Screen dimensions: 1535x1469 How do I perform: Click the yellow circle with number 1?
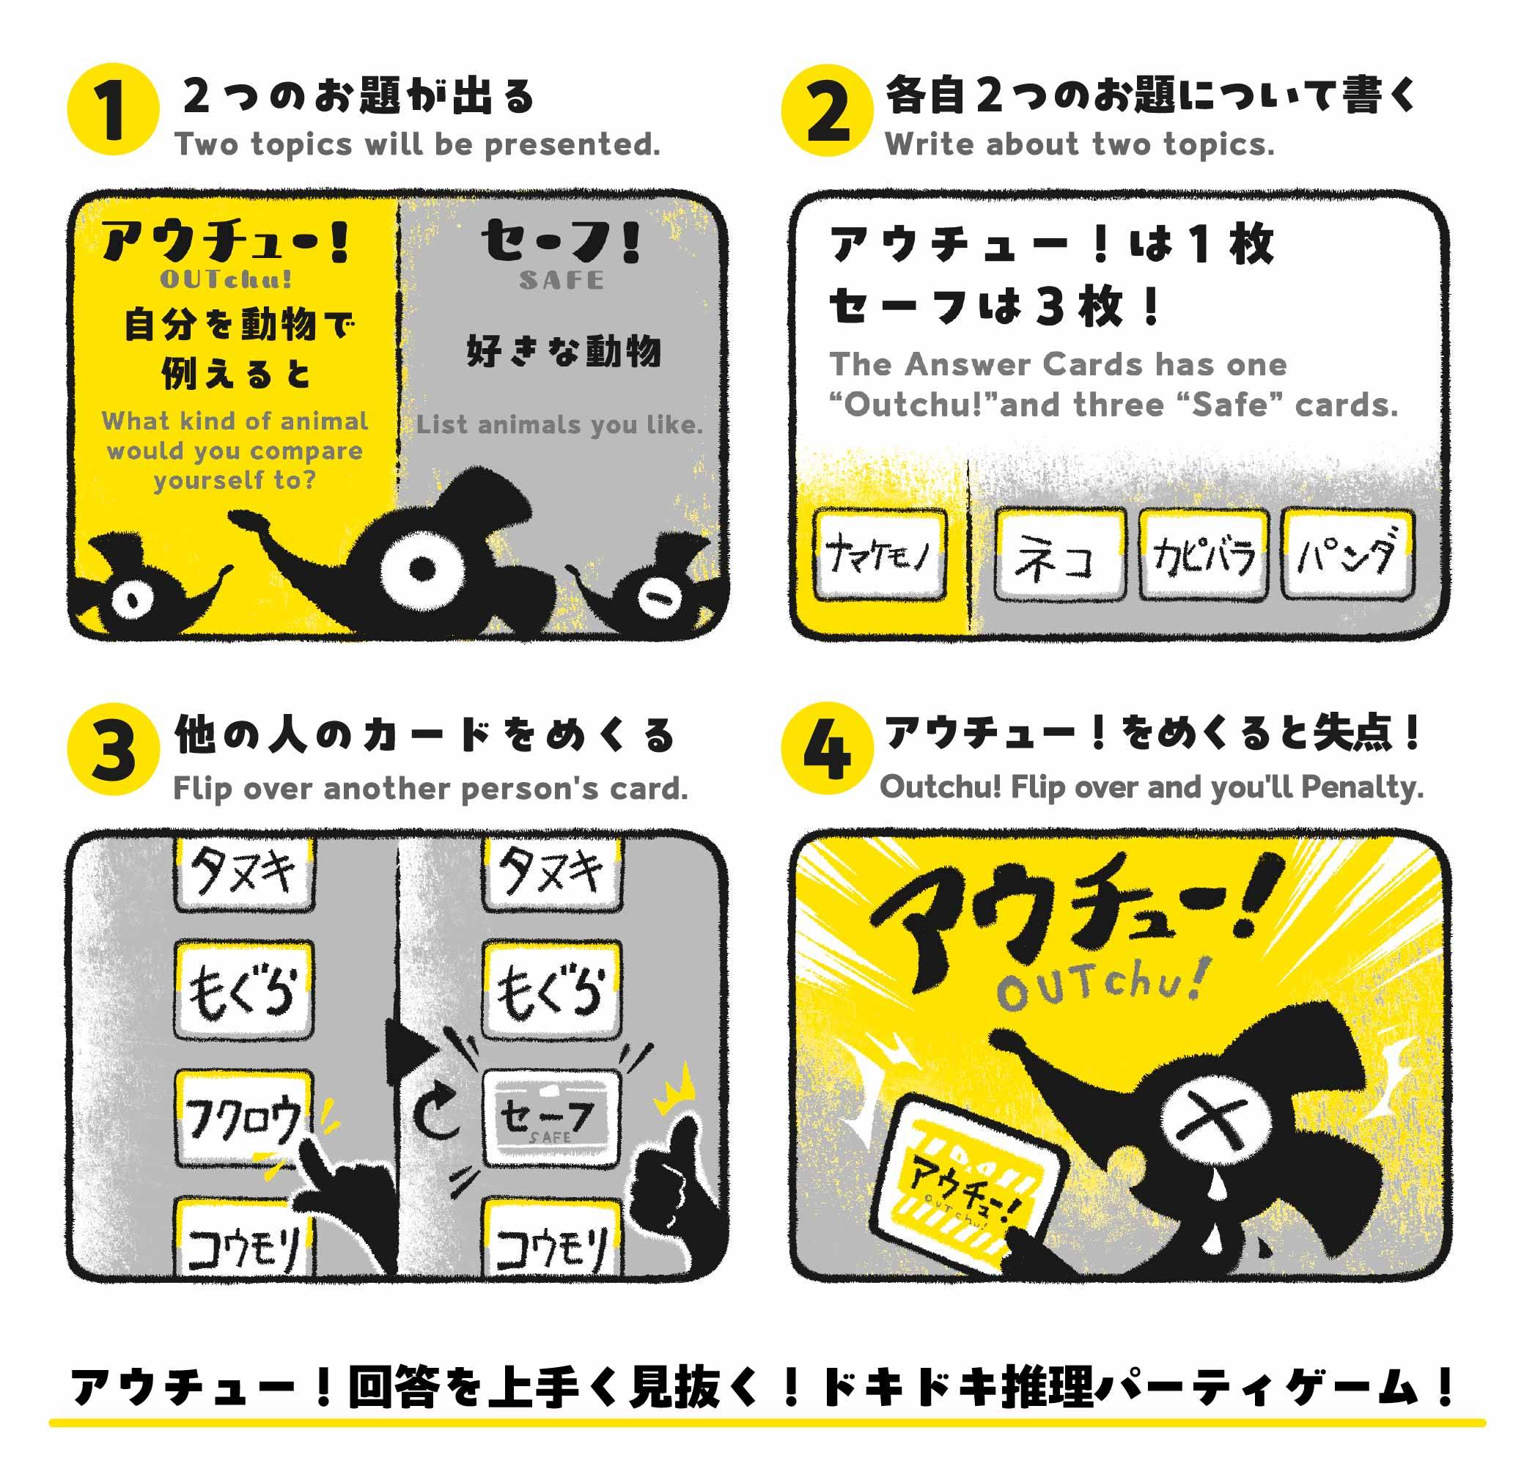tap(114, 110)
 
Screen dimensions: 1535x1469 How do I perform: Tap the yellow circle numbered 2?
tap(827, 111)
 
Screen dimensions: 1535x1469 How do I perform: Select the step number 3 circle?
tap(114, 749)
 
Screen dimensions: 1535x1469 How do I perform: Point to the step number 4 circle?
tap(827, 749)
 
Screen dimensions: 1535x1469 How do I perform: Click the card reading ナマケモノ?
tap(880, 555)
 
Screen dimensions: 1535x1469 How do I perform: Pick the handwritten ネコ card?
tap(1060, 555)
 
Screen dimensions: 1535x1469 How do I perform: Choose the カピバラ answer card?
tap(1204, 555)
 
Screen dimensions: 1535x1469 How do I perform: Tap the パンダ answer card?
tap(1348, 555)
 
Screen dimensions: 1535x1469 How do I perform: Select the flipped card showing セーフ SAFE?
tap(551, 1119)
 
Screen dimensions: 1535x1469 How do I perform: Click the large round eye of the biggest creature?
tap(422, 570)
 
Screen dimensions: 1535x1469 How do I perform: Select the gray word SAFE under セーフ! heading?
tap(562, 280)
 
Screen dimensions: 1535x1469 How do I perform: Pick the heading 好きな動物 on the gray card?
tap(564, 351)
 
